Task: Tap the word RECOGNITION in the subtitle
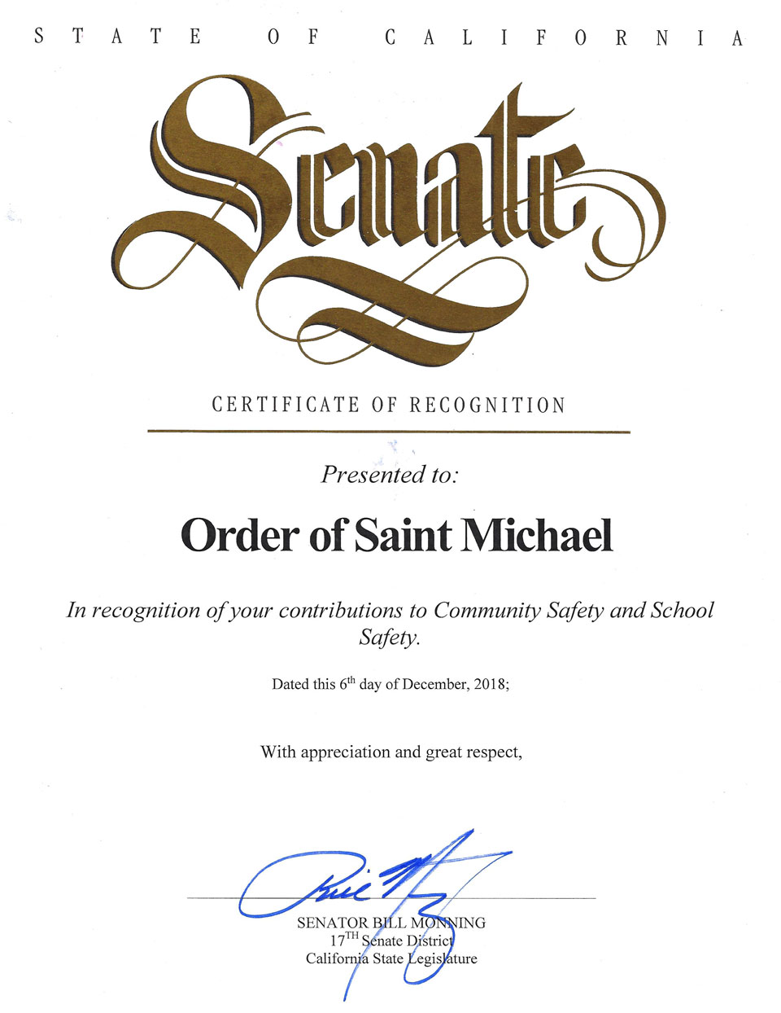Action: (487, 405)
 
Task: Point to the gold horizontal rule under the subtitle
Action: (389, 432)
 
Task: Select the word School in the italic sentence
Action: (682, 610)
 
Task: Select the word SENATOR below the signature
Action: (333, 923)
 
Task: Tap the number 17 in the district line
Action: (327, 941)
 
